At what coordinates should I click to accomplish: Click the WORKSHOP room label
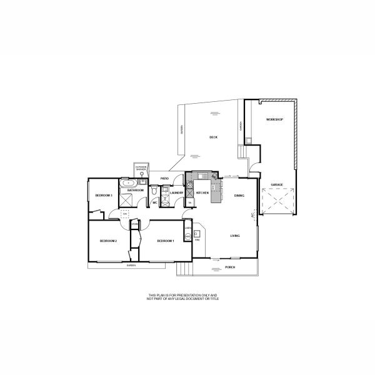pyautogui.click(x=274, y=119)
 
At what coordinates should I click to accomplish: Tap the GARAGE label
pyautogui.click(x=276, y=185)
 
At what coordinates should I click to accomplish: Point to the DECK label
pyautogui.click(x=213, y=137)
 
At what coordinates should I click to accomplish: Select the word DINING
pyautogui.click(x=239, y=196)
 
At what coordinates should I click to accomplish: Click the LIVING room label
pyautogui.click(x=235, y=236)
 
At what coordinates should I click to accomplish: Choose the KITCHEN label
pyautogui.click(x=202, y=193)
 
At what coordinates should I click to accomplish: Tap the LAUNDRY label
pyautogui.click(x=176, y=192)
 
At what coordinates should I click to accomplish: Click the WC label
pyautogui.click(x=155, y=202)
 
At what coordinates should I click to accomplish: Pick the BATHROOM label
pyautogui.click(x=136, y=190)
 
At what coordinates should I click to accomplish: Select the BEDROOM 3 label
pyautogui.click(x=103, y=196)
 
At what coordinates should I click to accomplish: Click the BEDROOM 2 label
pyautogui.click(x=109, y=241)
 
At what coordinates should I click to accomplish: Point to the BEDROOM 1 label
pyautogui.click(x=165, y=241)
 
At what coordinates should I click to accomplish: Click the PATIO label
pyautogui.click(x=165, y=179)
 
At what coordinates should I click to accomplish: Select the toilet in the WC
pyautogui.click(x=154, y=194)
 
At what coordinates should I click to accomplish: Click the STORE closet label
pyautogui.click(x=134, y=223)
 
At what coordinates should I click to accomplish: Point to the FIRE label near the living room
pyautogui.click(x=197, y=240)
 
